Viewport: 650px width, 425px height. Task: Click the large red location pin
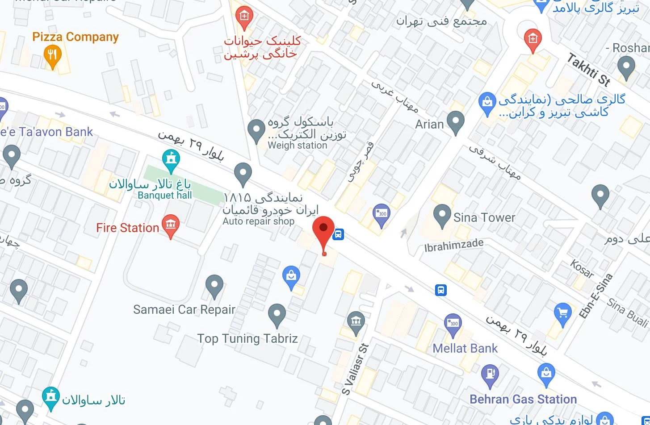point(323,229)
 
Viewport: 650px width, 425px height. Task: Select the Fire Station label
point(127,228)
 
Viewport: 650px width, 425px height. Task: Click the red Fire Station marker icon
point(170,225)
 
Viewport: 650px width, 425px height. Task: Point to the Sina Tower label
point(484,217)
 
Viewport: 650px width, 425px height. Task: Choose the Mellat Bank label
point(465,349)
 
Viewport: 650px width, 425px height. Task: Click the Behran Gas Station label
point(523,399)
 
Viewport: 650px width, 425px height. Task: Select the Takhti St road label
point(589,69)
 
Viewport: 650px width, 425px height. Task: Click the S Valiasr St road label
point(356,369)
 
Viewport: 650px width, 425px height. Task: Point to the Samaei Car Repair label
point(184,309)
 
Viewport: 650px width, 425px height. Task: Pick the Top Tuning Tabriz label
point(247,338)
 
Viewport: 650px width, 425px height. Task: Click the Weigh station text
point(297,146)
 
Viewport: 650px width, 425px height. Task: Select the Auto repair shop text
point(258,221)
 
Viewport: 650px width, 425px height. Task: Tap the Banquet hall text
point(164,196)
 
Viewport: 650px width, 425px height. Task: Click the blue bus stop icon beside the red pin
point(339,234)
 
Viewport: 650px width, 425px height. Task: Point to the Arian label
point(429,124)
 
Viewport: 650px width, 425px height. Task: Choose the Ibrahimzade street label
point(454,245)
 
